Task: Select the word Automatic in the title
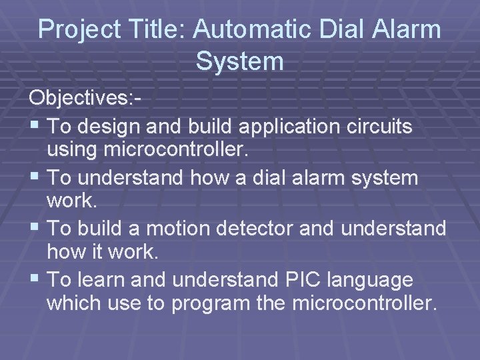click(x=240, y=30)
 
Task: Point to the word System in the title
click(x=240, y=61)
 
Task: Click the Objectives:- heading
click(x=85, y=99)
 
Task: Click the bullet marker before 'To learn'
click(x=35, y=280)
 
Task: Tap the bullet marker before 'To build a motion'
click(x=35, y=229)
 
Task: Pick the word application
click(x=291, y=126)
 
